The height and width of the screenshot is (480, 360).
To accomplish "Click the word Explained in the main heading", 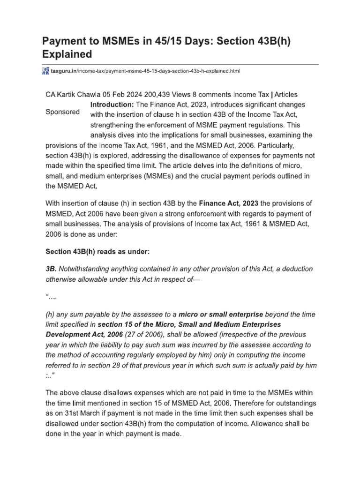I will [68, 54].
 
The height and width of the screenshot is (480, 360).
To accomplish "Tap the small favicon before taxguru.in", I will [45, 71].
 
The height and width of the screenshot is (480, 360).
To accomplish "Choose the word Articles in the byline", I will [283, 95].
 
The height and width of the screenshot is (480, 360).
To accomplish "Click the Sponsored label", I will [62, 112].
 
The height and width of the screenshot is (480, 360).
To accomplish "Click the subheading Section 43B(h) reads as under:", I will [97, 252].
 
